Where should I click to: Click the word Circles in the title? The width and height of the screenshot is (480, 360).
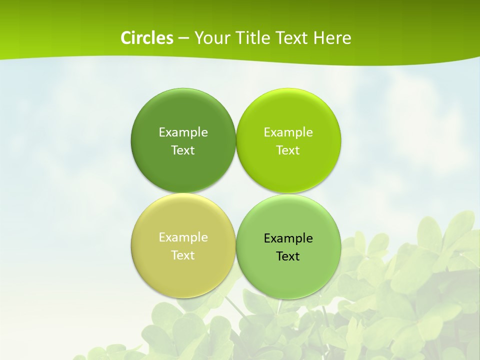tap(146, 38)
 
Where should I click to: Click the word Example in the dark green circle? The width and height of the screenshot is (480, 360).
tap(183, 132)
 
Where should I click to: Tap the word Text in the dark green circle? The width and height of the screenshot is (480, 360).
tap(183, 150)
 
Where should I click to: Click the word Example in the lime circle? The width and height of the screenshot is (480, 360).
tap(288, 132)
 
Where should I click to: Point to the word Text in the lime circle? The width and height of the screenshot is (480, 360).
tap(288, 150)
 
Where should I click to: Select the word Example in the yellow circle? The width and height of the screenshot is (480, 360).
tap(183, 237)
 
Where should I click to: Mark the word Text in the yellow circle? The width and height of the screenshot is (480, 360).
tap(183, 255)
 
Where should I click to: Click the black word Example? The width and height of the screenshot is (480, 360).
tap(288, 238)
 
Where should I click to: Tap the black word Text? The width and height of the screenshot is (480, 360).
tap(288, 256)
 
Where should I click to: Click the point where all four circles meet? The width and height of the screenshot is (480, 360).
tap(236, 193)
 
